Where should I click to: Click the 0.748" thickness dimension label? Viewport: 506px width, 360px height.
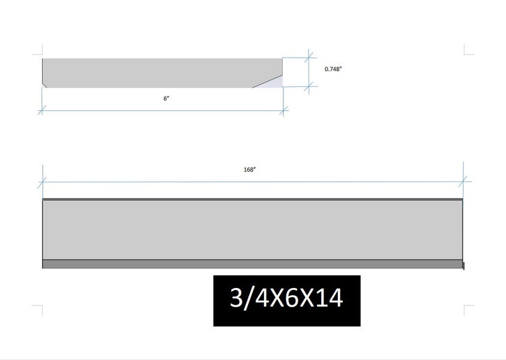click(x=333, y=69)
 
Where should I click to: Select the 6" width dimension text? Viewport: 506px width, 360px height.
click(x=166, y=98)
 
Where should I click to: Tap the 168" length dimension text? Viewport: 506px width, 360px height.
click(x=250, y=170)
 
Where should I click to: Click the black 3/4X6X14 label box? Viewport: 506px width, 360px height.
click(x=287, y=301)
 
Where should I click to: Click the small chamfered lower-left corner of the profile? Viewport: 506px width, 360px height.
click(x=44, y=85)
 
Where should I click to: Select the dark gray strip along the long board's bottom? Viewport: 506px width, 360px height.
click(x=252, y=264)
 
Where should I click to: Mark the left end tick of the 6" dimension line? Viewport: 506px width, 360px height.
click(x=42, y=110)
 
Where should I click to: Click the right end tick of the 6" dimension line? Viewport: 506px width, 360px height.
click(x=283, y=111)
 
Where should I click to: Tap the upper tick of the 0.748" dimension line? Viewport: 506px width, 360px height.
click(x=309, y=58)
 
